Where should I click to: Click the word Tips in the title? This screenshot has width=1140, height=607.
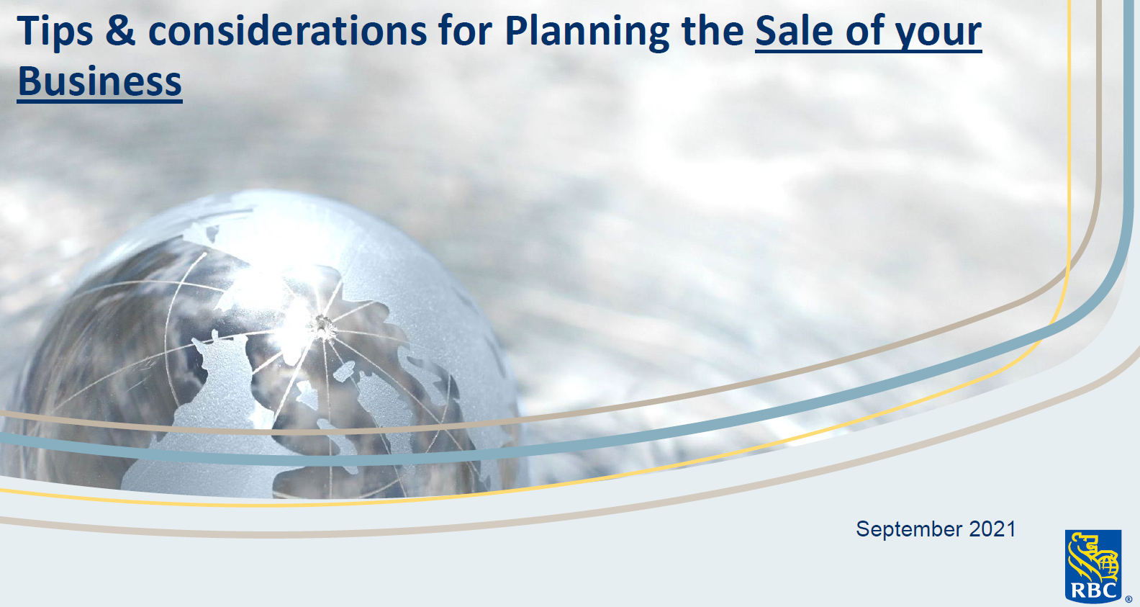click(55, 32)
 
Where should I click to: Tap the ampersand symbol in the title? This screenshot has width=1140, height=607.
click(120, 31)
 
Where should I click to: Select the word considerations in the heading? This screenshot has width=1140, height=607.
click(288, 31)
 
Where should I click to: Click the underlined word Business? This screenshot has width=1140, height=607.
click(100, 81)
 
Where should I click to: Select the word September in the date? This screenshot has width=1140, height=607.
click(909, 529)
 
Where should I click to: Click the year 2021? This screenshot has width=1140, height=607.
click(992, 529)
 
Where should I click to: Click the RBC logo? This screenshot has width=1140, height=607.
click(1093, 566)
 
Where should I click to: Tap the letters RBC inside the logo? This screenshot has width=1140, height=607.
click(1093, 591)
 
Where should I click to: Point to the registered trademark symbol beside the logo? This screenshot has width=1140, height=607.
click(1128, 599)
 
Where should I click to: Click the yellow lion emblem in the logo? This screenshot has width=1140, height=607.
click(1092, 557)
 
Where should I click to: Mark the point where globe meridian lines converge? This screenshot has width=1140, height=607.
click(322, 326)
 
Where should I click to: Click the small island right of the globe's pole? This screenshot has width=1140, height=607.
click(345, 372)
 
